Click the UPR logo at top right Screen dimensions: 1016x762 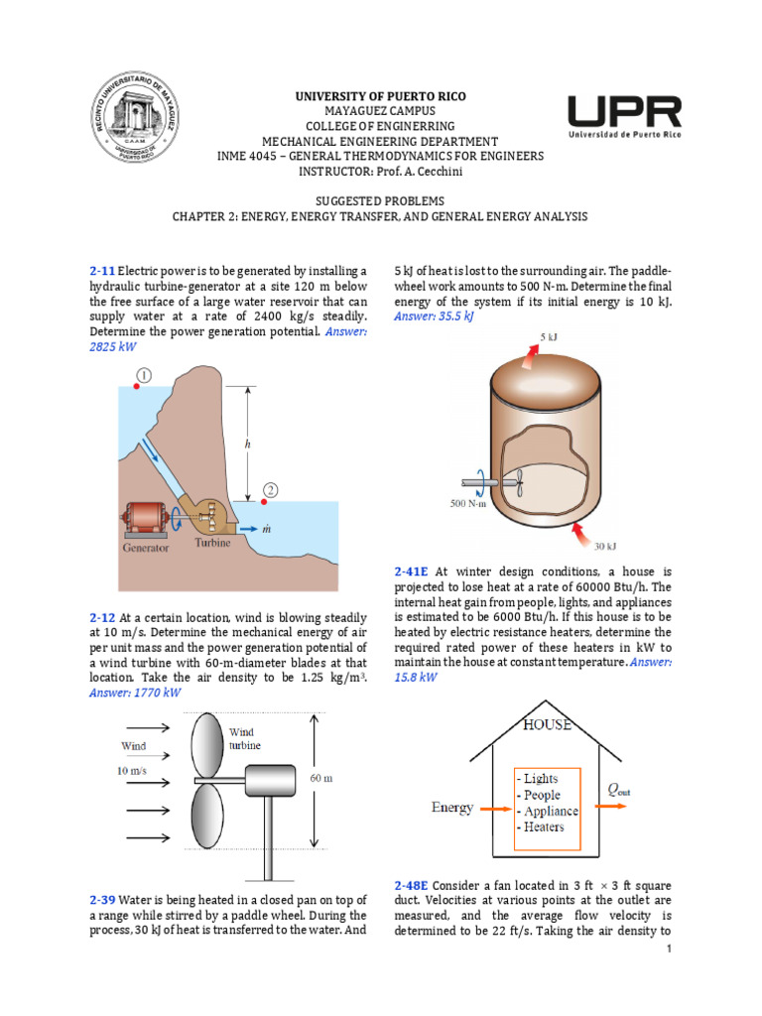(x=623, y=118)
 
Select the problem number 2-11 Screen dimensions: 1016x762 (x=102, y=271)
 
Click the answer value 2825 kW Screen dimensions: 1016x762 (x=112, y=347)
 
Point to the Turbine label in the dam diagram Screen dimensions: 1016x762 (x=212, y=543)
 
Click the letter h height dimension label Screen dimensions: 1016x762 (x=247, y=445)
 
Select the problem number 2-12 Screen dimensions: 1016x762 (x=102, y=616)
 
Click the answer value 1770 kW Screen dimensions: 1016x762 (x=136, y=693)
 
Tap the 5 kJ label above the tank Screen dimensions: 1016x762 (x=549, y=337)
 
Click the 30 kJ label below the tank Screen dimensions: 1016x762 (x=605, y=546)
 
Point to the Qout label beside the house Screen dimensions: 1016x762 (x=618, y=790)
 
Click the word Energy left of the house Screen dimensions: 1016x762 (x=451, y=808)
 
